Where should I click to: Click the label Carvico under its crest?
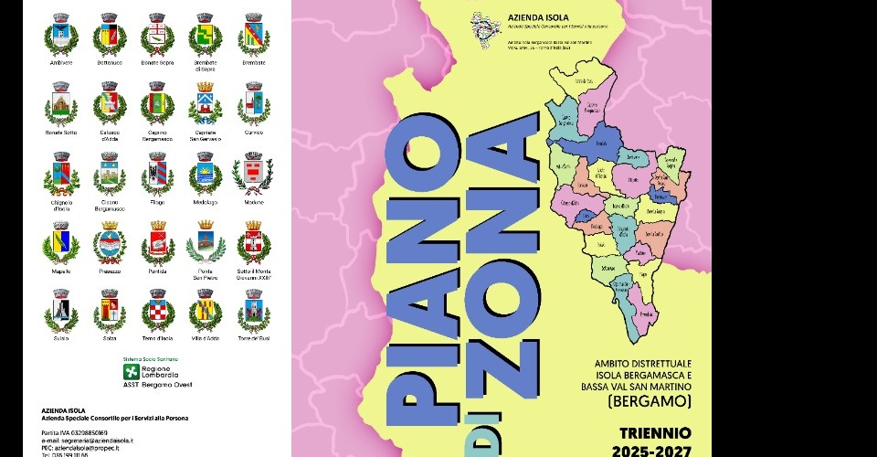pyautogui.click(x=253, y=133)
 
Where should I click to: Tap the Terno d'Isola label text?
pyautogui.click(x=158, y=338)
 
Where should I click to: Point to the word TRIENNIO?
pyautogui.click(x=660, y=431)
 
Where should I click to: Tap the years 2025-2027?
pyautogui.click(x=660, y=449)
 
